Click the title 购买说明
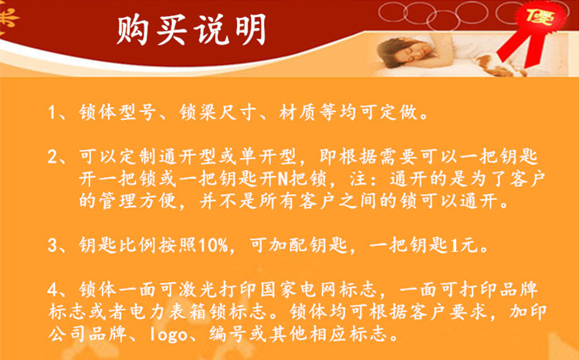[x=191, y=29]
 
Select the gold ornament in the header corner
[x=7, y=18]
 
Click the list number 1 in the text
[x=52, y=112]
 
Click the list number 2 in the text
[x=52, y=157]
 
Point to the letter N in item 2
[x=283, y=180]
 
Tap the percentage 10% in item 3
[x=213, y=246]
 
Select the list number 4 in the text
[x=52, y=290]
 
